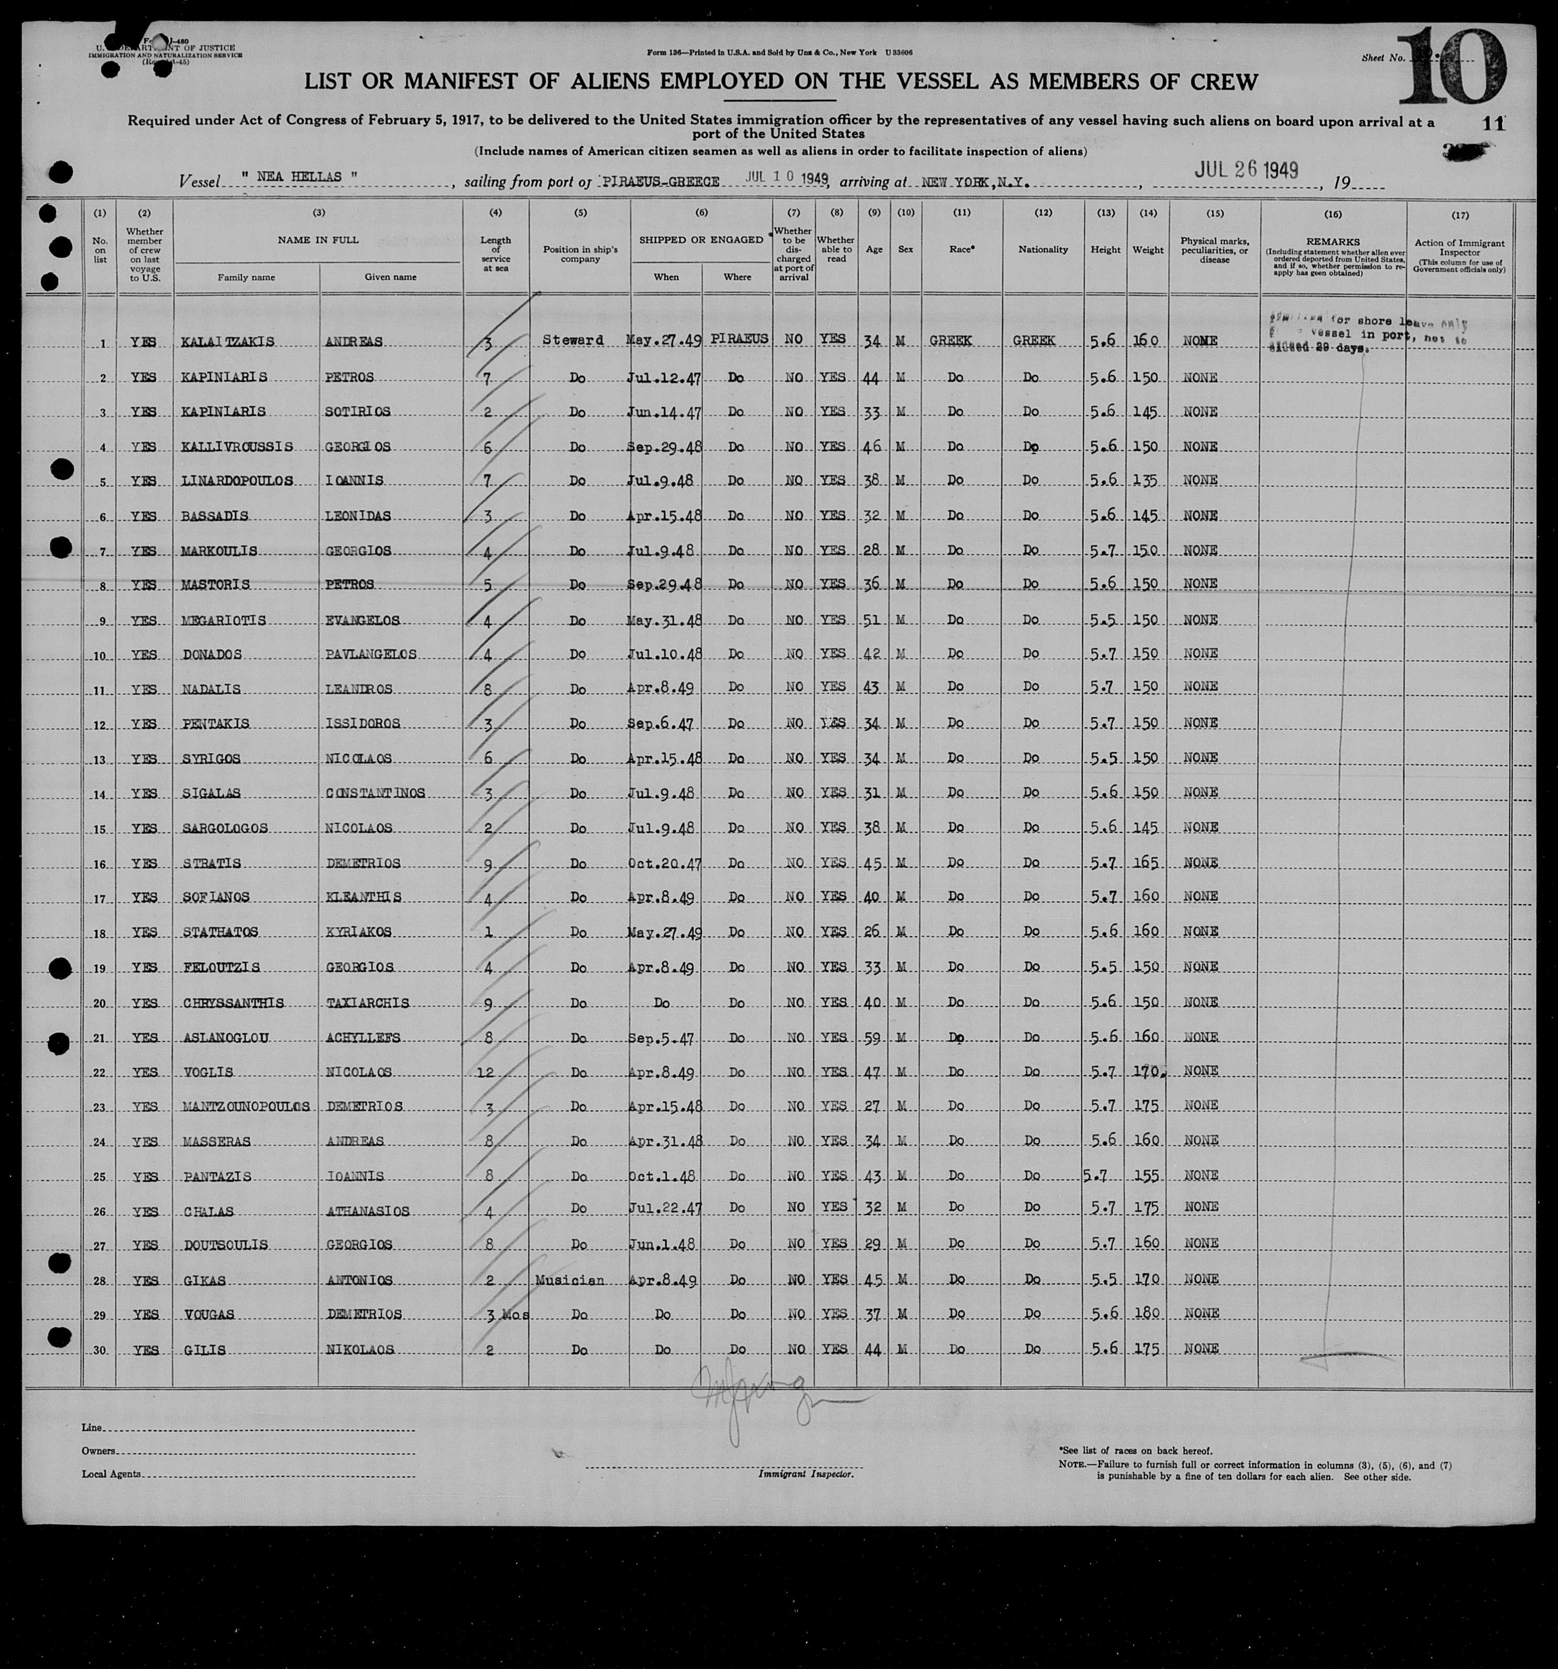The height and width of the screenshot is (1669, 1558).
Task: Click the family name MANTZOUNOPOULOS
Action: (245, 1106)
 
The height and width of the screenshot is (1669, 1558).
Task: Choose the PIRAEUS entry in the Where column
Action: (739, 339)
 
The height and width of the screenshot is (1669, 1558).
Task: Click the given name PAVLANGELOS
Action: (370, 654)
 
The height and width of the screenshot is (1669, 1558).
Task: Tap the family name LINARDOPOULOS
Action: (237, 480)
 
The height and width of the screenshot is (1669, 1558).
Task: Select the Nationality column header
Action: (1043, 249)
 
